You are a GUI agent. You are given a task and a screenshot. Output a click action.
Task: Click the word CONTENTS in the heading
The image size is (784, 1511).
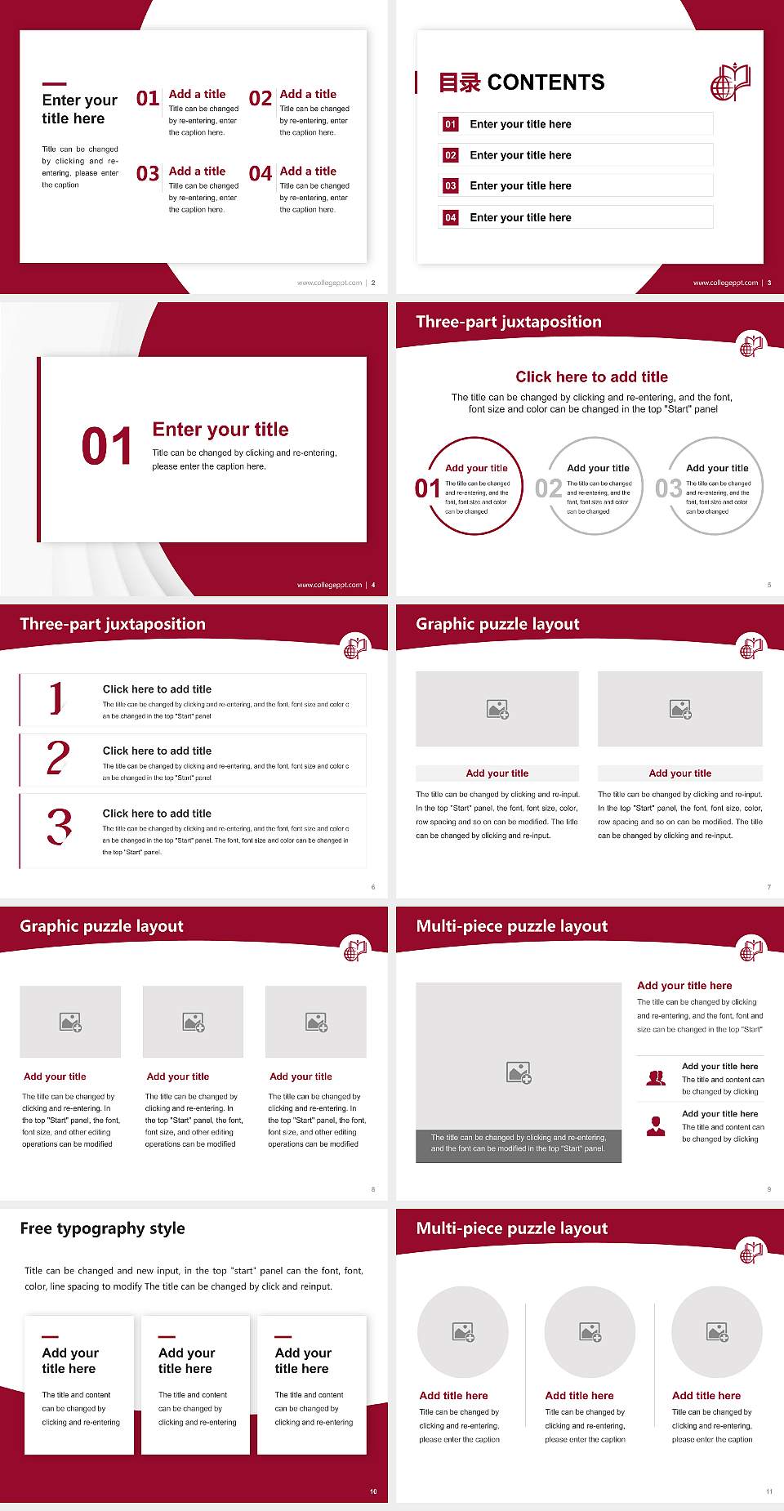pyautogui.click(x=546, y=82)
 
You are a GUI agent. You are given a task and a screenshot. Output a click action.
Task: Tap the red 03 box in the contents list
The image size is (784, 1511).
pyautogui.click(x=451, y=186)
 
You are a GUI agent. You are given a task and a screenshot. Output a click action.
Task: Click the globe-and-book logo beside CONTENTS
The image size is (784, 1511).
pyautogui.click(x=730, y=82)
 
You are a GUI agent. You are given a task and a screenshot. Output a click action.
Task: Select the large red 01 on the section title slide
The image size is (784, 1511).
pyautogui.click(x=107, y=447)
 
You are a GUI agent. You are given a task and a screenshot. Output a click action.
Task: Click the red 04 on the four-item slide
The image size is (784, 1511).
pyautogui.click(x=261, y=174)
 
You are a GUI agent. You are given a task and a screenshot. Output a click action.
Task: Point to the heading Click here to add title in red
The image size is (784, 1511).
pyautogui.click(x=591, y=377)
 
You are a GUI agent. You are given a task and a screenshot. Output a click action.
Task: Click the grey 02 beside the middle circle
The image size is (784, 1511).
pyautogui.click(x=549, y=488)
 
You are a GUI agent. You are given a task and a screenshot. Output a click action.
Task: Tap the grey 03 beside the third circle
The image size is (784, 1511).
pyautogui.click(x=669, y=488)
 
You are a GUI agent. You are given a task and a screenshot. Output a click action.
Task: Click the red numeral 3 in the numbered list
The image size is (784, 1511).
pyautogui.click(x=59, y=827)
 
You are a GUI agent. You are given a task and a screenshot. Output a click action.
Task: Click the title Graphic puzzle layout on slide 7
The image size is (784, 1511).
pyautogui.click(x=497, y=624)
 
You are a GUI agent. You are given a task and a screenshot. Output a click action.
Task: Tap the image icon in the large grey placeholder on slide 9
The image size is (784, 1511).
pyautogui.click(x=519, y=1072)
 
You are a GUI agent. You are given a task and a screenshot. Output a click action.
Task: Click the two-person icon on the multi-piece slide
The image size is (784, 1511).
pyautogui.click(x=656, y=1078)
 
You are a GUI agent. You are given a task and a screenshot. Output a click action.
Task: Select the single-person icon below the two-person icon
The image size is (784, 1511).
pyautogui.click(x=656, y=1126)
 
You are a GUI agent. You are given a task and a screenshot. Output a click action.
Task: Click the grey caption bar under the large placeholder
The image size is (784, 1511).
pyautogui.click(x=519, y=1143)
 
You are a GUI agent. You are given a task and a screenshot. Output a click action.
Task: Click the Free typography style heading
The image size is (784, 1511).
pyautogui.click(x=102, y=1228)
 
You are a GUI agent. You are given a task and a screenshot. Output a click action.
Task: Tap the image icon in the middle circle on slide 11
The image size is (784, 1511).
pyautogui.click(x=590, y=1332)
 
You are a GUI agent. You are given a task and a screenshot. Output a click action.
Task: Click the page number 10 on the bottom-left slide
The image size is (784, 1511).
pyautogui.click(x=373, y=1491)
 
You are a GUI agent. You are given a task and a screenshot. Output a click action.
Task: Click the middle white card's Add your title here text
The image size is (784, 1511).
pyautogui.click(x=186, y=1361)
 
